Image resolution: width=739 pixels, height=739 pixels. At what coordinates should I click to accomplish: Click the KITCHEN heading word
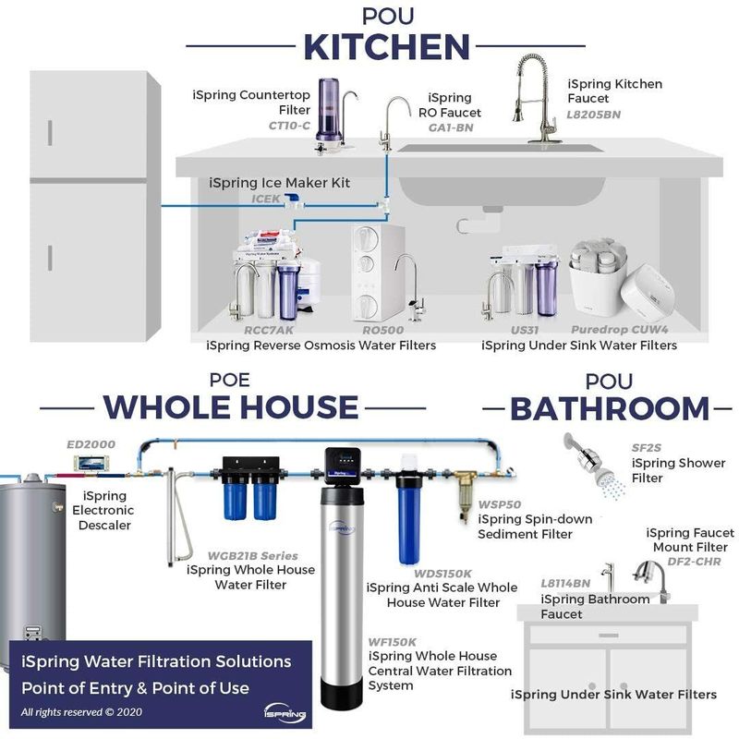[x=386, y=47]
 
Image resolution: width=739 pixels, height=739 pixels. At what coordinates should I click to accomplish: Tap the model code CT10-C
[x=289, y=126]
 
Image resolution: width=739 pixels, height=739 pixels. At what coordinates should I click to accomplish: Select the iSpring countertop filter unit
[x=334, y=116]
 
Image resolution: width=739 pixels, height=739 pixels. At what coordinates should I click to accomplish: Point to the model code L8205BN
[x=594, y=115]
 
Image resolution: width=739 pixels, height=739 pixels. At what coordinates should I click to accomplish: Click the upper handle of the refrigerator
[x=50, y=132]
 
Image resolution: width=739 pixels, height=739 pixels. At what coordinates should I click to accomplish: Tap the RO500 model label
[x=383, y=330]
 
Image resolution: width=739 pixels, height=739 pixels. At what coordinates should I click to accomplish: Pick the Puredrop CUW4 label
[x=620, y=330]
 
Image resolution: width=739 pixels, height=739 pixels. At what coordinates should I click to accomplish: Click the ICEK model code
[x=266, y=199]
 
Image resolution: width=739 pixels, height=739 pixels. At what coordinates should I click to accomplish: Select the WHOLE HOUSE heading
[x=231, y=407]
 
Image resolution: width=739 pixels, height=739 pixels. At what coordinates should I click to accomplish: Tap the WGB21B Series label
[x=253, y=556]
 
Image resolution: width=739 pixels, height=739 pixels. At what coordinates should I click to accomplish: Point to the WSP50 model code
[x=500, y=504]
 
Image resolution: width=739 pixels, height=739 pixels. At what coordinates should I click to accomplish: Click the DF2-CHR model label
[x=695, y=562]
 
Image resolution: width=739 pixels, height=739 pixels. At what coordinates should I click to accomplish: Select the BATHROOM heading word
[x=610, y=408]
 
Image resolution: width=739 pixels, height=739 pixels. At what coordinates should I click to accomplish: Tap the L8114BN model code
[x=565, y=584]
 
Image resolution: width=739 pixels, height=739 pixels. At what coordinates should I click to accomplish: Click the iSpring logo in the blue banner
[x=285, y=713]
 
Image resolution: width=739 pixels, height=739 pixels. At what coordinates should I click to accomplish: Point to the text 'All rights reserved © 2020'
[x=81, y=711]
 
